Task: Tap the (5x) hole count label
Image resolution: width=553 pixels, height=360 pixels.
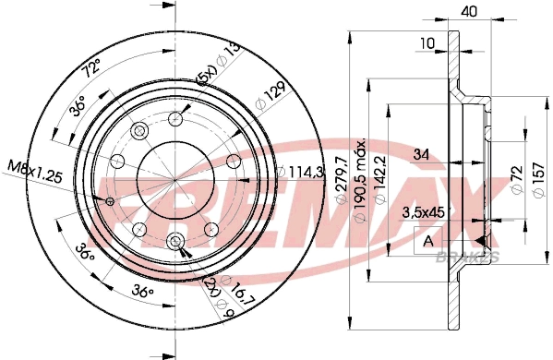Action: (209, 76)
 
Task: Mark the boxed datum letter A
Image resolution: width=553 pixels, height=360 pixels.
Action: (427, 242)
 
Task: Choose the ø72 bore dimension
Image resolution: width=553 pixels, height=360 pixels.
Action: (518, 176)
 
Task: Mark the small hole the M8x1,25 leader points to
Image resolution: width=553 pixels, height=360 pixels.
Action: (111, 201)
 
